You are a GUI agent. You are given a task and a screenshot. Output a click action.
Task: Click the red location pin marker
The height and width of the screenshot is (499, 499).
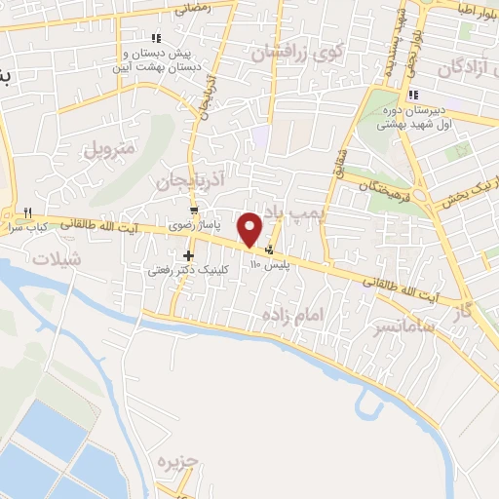pyautogui.click(x=250, y=229)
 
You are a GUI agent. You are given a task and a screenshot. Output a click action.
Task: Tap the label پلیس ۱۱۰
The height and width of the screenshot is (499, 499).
pyautogui.click(x=269, y=264)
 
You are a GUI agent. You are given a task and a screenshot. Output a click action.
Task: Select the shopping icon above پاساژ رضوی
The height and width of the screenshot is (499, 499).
pyautogui.click(x=195, y=211)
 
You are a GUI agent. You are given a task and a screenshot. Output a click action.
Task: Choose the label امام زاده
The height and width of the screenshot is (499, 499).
pyautogui.click(x=290, y=314)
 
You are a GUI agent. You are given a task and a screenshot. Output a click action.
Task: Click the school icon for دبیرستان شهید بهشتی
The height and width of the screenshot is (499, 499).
pyautogui.click(x=414, y=96)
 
